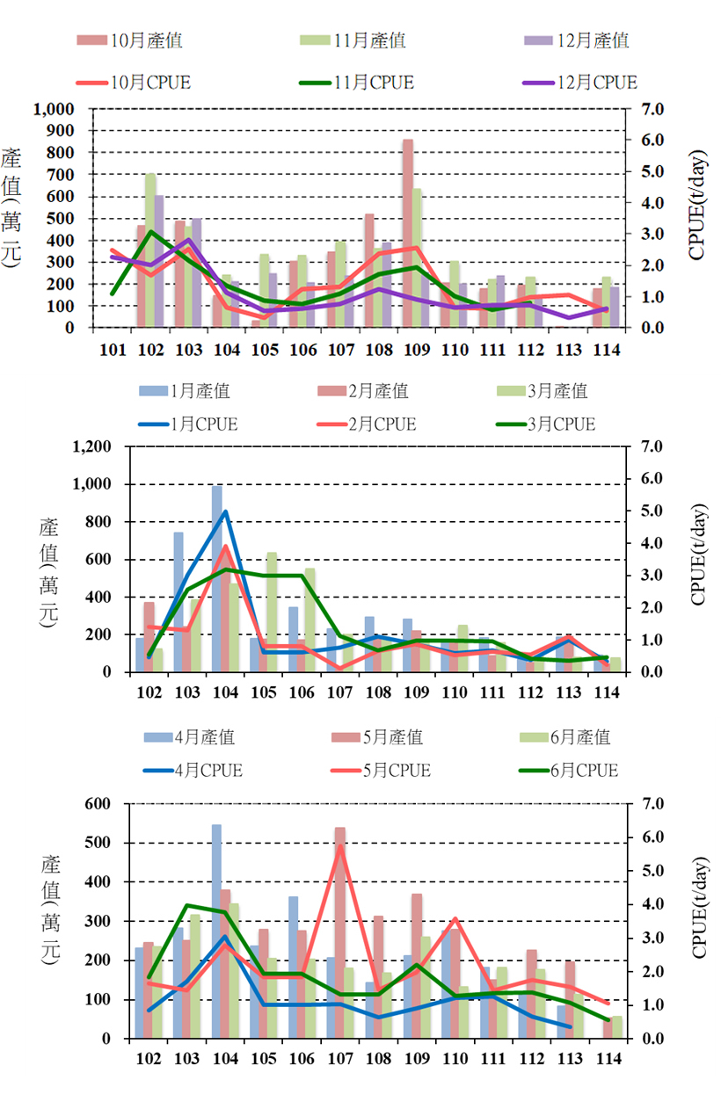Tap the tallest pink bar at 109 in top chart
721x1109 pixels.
coord(408,233)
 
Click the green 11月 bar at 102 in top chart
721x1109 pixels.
coord(150,250)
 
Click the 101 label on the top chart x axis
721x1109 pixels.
coord(113,349)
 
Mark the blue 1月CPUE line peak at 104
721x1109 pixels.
coord(226,511)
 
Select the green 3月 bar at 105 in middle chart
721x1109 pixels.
coord(272,612)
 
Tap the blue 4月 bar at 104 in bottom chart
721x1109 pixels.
coord(216,931)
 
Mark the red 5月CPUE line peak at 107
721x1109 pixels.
coord(339,846)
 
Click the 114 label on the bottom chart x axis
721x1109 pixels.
coord(608,1057)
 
